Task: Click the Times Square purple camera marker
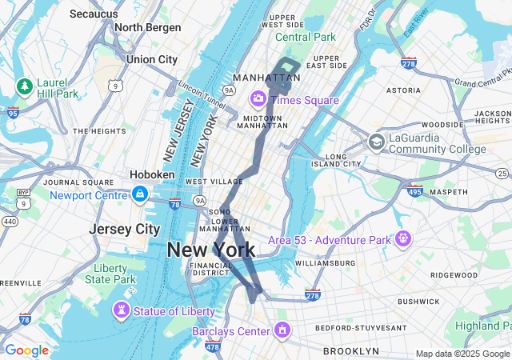[258, 99]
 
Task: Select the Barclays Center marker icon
[282, 330]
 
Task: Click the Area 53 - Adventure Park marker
[402, 238]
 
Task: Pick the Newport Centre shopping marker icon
[140, 194]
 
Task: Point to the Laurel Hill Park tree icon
[25, 86]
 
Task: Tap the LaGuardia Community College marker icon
[376, 142]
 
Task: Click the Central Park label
[306, 37]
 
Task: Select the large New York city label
[211, 250]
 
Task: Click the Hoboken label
[152, 174]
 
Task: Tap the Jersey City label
[124, 229]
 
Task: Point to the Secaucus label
[94, 14]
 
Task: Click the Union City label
[151, 59]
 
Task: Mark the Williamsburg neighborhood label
[324, 262]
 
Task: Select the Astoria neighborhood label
[403, 90]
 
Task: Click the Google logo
[26, 350]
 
